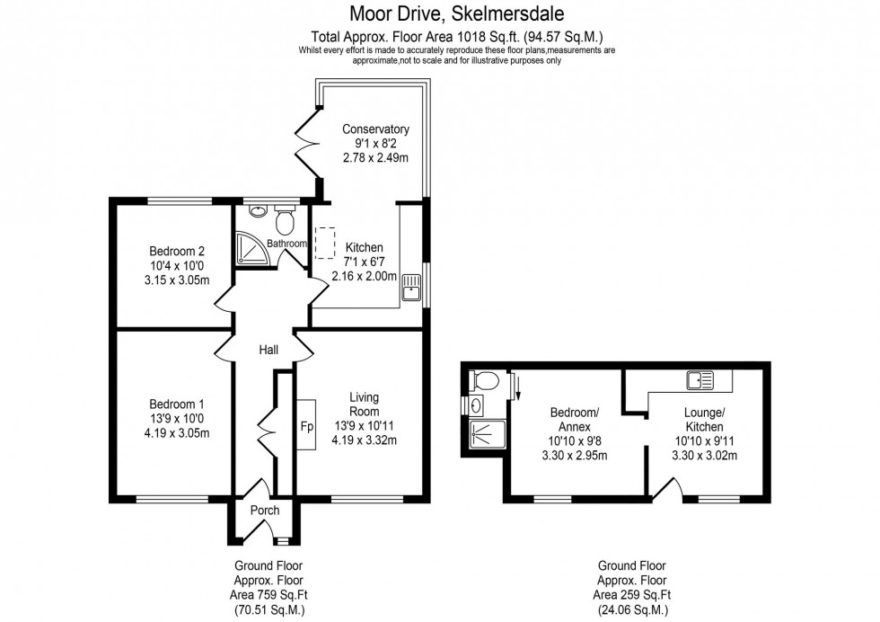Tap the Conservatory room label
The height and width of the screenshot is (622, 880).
point(375,129)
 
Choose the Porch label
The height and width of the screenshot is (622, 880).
point(265,511)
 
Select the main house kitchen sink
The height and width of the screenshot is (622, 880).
point(413,287)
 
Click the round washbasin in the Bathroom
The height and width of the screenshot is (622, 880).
point(259,213)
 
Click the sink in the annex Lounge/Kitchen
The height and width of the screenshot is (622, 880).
point(700,380)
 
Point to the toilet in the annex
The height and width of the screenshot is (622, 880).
point(484,380)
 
